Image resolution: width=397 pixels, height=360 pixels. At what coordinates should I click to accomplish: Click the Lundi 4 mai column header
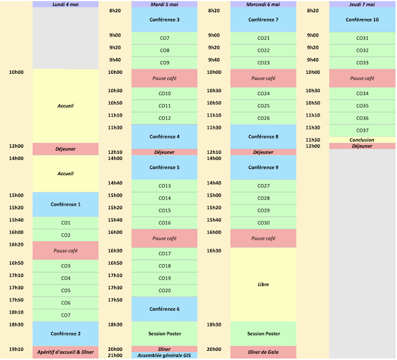point(65,4)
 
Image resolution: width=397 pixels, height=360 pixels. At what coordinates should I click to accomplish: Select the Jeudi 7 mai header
point(362,4)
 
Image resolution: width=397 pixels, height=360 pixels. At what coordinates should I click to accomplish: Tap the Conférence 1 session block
point(65,204)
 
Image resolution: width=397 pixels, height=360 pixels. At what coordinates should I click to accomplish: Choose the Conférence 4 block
point(164,137)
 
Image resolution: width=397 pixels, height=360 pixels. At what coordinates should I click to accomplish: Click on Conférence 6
point(164,309)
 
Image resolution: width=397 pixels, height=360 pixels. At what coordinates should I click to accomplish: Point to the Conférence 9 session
point(263,167)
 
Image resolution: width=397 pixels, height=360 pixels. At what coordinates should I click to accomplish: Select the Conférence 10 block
point(362,20)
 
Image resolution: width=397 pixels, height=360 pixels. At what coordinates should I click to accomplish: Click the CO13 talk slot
point(164,186)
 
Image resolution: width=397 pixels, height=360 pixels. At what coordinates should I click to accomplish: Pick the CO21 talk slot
point(263,38)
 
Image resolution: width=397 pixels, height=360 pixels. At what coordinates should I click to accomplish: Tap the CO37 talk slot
point(362,131)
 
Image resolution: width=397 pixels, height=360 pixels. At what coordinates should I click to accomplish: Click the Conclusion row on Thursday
point(362,140)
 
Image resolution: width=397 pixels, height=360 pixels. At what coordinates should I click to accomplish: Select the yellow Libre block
point(263,284)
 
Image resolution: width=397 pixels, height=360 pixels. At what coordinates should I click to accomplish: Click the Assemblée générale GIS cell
point(164,355)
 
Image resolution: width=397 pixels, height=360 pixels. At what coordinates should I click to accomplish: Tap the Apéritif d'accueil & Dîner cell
point(65,352)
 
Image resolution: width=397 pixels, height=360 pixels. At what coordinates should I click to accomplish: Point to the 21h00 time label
point(115,355)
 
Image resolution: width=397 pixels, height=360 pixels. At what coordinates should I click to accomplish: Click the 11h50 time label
point(313,140)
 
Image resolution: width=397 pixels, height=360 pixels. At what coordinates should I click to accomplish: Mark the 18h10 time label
point(16,312)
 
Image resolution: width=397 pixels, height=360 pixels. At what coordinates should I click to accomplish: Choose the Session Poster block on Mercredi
point(263,334)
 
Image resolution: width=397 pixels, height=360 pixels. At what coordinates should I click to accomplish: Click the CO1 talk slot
point(65,223)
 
